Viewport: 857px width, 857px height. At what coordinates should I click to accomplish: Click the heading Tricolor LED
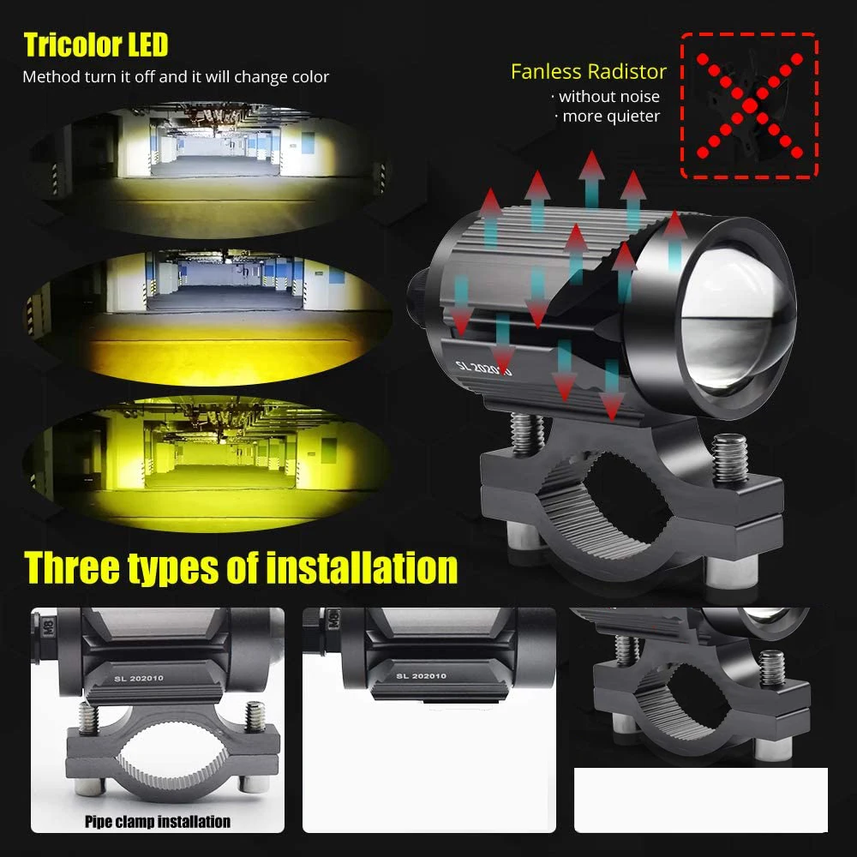pos(96,45)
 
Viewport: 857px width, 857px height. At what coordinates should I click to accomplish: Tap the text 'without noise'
pos(608,97)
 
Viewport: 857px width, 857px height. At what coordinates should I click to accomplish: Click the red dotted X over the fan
pos(749,105)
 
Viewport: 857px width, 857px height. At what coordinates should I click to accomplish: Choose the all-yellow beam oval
pos(207,464)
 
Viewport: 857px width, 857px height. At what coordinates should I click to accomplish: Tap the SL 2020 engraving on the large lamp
pos(483,369)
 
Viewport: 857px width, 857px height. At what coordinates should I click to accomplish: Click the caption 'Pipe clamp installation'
pos(158,822)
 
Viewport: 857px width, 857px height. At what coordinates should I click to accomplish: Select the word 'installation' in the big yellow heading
pos(362,568)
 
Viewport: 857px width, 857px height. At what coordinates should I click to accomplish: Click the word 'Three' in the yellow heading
pos(72,568)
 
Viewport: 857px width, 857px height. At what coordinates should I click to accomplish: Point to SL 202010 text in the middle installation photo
pos(421,676)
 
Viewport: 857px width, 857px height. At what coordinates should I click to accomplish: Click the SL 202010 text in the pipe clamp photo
pos(139,678)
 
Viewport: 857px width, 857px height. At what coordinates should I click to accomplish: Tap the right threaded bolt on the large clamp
pos(730,458)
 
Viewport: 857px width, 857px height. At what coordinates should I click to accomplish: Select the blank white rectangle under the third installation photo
pos(701,800)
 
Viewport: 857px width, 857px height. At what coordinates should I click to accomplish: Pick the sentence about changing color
pos(176,77)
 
